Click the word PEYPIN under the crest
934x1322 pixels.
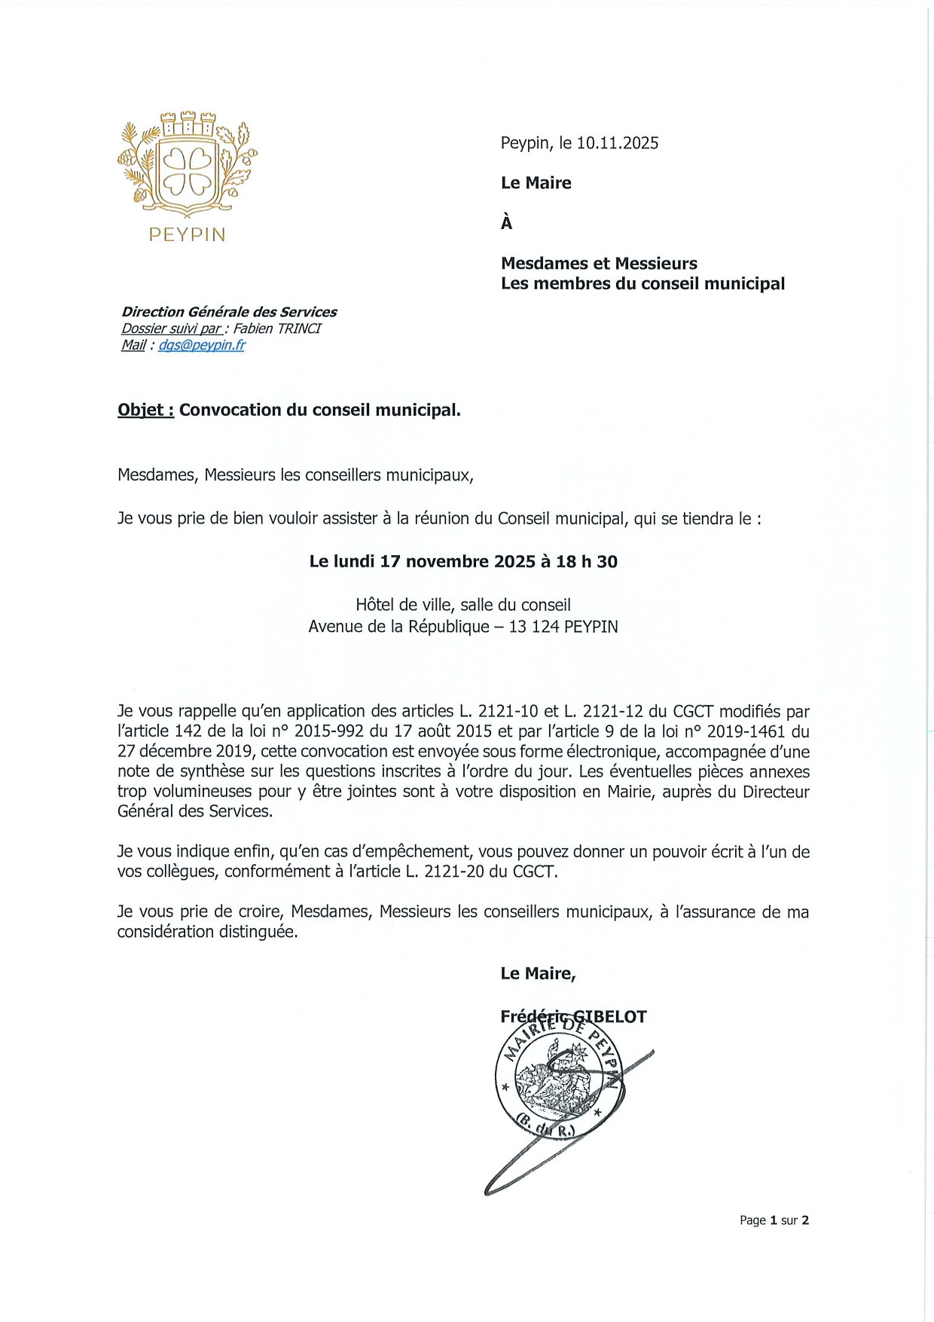[x=187, y=235]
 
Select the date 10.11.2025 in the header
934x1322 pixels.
[x=618, y=143]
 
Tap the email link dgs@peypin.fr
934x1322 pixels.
[x=201, y=345]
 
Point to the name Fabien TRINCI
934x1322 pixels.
[x=276, y=328]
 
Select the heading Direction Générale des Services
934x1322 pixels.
[x=229, y=312]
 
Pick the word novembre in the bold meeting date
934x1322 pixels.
[x=447, y=561]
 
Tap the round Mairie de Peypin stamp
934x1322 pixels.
[x=560, y=1085]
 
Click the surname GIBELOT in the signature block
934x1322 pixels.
[x=610, y=1017]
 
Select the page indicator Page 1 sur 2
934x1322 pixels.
[x=774, y=1220]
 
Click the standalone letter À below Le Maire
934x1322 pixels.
[x=506, y=223]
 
